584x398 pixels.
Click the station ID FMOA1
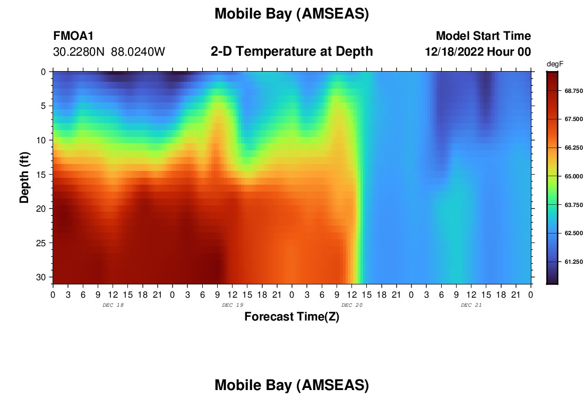click(x=73, y=36)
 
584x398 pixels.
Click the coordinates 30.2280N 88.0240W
click(x=109, y=51)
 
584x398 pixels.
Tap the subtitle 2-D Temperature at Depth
click(x=291, y=51)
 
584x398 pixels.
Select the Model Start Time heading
click(x=483, y=36)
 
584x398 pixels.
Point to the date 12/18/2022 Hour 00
click(x=478, y=51)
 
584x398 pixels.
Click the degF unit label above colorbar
click(x=555, y=64)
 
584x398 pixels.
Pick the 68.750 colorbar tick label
click(x=573, y=91)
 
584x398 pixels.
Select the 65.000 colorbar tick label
click(x=573, y=176)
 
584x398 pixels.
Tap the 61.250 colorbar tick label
click(x=573, y=262)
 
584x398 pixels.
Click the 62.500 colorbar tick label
click(x=573, y=233)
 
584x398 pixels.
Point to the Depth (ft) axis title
click(x=24, y=177)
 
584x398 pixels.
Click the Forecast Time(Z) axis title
click(x=291, y=316)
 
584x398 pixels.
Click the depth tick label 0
click(x=43, y=72)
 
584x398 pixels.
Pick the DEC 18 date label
click(x=113, y=305)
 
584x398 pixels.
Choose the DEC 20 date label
click(x=352, y=305)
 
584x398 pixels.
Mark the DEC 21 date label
click(x=471, y=305)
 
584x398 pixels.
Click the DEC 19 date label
click(x=233, y=305)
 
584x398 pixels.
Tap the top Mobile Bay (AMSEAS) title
click(x=291, y=14)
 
